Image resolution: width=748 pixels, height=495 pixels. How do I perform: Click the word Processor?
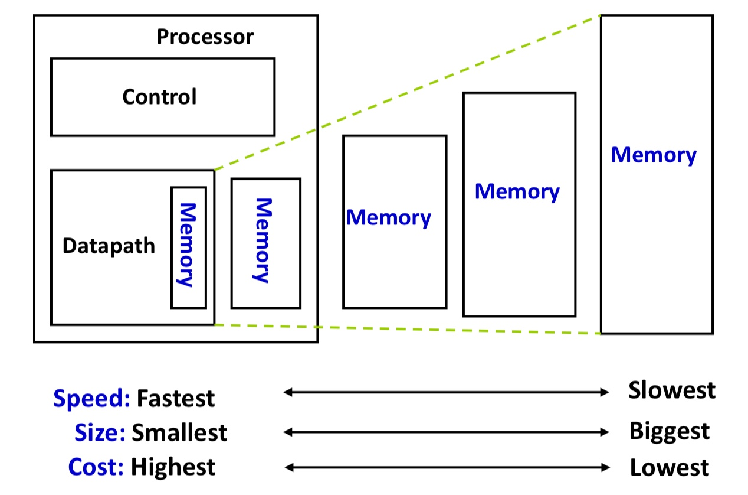(x=205, y=37)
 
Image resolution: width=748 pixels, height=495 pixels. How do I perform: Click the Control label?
(x=160, y=97)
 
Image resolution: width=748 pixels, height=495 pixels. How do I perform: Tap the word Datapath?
(x=109, y=246)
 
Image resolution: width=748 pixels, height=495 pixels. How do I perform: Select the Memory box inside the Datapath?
(x=189, y=247)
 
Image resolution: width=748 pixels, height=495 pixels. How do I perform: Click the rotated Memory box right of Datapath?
(x=266, y=243)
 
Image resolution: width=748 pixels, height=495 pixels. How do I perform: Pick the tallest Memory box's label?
(x=654, y=155)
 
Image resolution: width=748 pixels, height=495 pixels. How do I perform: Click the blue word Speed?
(x=91, y=398)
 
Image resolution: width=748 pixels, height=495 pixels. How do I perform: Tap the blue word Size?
(x=100, y=432)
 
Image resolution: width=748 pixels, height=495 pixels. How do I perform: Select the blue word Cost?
(x=96, y=467)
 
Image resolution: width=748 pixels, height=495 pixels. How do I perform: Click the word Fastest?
(x=176, y=398)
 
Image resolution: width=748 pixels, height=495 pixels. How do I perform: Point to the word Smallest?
(x=179, y=432)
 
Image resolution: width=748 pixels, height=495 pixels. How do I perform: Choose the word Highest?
(x=173, y=467)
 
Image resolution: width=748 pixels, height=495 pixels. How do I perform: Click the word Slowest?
(x=672, y=390)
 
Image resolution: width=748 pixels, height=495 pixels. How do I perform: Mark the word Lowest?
(x=670, y=467)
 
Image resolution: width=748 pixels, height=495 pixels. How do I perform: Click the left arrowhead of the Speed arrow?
(x=288, y=392)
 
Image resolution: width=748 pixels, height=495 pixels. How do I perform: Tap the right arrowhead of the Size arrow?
(x=604, y=432)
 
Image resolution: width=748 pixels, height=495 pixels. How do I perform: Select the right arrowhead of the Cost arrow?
(x=605, y=467)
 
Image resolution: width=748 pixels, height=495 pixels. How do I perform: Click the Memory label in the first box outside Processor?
(x=389, y=218)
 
